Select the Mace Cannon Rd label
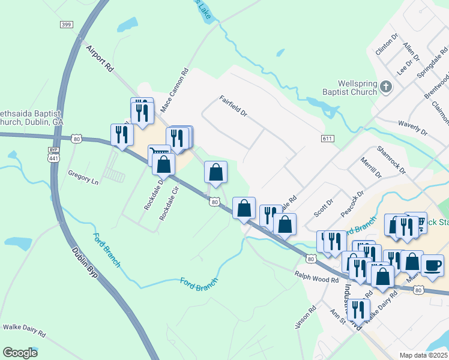coord(175,90)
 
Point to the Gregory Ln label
coord(83,179)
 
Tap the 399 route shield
coord(66,24)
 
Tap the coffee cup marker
coord(432,265)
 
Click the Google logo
coord(20,353)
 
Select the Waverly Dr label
coord(412,127)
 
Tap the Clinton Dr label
coord(387,44)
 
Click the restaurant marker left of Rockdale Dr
coord(122,134)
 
